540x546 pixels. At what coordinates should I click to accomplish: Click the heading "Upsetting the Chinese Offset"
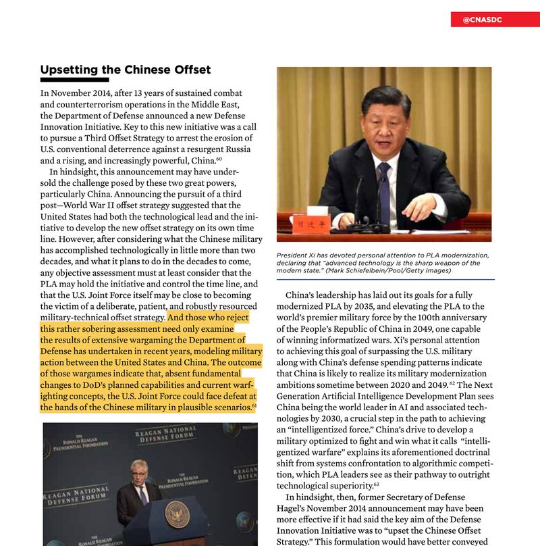[126, 70]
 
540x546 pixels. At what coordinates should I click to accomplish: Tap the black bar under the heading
[74, 80]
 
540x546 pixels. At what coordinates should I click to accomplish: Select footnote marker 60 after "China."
[218, 159]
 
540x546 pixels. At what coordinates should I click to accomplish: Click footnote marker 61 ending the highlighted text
[254, 405]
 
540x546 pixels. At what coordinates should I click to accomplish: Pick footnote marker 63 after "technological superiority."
[376, 484]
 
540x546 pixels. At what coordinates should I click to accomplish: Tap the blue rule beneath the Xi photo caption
[385, 279]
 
